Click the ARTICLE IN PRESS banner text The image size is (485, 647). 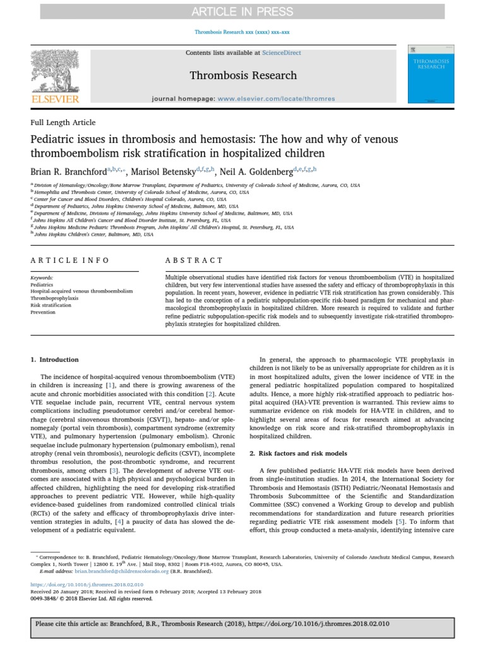click(x=242, y=11)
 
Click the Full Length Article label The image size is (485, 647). click(x=63, y=123)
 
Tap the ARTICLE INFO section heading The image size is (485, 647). click(x=70, y=260)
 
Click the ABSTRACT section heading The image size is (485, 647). click(x=194, y=260)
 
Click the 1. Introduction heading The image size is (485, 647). click(x=55, y=360)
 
